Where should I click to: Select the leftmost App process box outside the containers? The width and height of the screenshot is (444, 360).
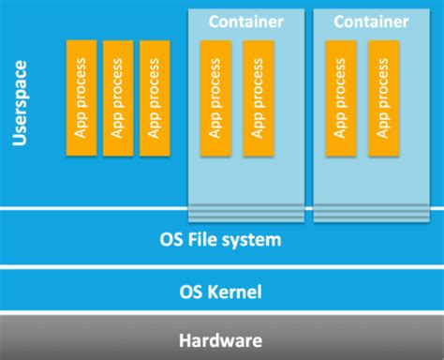point(80,98)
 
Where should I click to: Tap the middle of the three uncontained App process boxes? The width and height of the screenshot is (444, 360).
point(116,98)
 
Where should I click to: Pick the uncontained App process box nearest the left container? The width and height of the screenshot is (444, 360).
point(154,98)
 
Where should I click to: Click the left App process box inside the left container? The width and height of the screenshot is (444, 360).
point(216,98)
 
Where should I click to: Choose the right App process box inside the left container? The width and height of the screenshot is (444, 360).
point(258,98)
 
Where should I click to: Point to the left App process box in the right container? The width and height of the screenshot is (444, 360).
point(340,98)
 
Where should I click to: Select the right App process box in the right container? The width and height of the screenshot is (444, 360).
point(381,98)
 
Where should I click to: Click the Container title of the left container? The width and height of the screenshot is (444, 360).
point(245,20)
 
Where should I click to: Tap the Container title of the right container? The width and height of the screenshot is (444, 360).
point(371,20)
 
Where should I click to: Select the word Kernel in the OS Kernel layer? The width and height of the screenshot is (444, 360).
point(234,292)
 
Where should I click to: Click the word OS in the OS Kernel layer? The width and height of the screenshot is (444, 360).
point(191,292)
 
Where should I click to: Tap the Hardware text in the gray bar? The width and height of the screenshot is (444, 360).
point(221,340)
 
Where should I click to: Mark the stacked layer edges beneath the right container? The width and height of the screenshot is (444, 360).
point(371,215)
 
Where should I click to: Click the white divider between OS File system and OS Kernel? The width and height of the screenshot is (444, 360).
point(222,266)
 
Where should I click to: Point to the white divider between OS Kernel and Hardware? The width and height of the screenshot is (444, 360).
point(222,316)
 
